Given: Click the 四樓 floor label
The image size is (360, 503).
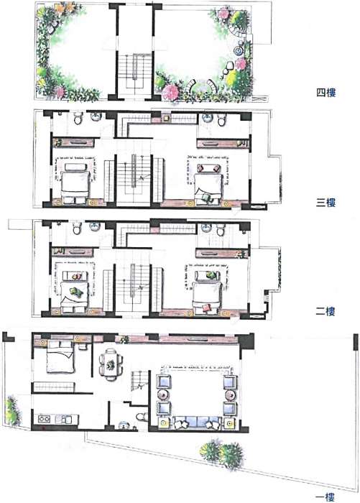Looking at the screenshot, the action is (x=326, y=93).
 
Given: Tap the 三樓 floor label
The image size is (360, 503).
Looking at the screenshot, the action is (x=326, y=203).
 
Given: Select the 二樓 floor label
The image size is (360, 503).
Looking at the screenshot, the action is (x=326, y=311).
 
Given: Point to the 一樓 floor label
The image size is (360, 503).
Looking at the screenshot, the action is (x=326, y=497).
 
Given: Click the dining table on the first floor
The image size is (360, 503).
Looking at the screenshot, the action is (x=111, y=364).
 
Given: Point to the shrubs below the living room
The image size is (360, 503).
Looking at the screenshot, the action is (x=222, y=454).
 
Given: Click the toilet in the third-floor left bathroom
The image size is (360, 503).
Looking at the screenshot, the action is (x=78, y=119).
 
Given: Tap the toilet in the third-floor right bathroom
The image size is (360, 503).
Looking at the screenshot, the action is (x=221, y=119).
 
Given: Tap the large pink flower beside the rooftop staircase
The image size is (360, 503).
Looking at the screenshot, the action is (x=170, y=92).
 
